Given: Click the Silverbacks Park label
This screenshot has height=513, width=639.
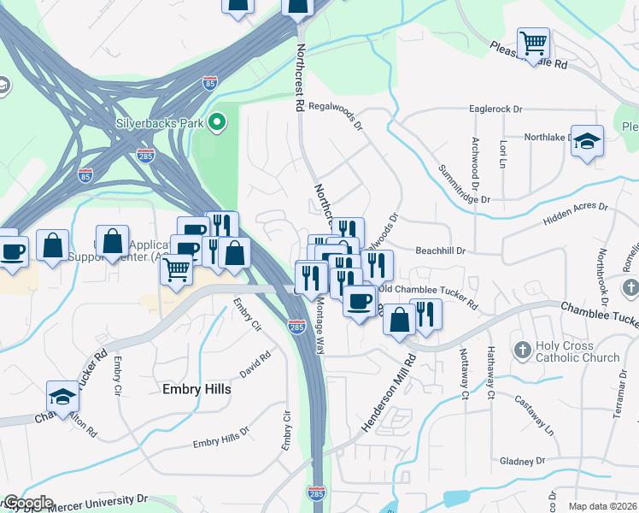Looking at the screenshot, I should pos(160,123).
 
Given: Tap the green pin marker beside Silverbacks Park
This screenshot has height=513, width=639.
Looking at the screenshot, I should pos(217,123).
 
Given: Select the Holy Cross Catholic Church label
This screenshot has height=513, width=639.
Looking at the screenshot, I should pos(577,351).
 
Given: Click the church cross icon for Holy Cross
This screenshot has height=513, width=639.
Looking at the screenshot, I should pos(523,351).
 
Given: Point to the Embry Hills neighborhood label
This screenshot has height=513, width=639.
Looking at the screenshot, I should pos(196,389).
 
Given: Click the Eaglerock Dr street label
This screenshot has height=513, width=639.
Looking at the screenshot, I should pos(495,109).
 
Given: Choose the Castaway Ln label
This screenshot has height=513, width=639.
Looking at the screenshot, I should pos(534,416).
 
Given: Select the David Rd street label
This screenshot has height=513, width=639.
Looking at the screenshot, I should pos(255,363).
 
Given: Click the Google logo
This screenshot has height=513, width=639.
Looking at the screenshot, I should pos(28,503).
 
